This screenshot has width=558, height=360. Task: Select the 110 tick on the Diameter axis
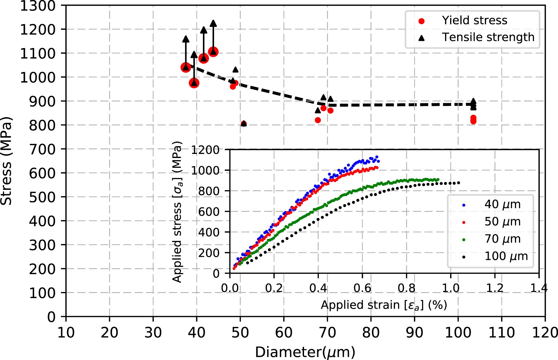coord(501,333)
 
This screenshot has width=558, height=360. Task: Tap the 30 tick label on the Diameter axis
coord(153,333)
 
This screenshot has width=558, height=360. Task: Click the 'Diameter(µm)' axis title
coord(305,352)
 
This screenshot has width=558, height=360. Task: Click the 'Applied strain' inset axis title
coord(384,305)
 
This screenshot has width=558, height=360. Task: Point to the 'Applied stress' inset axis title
coord(177,212)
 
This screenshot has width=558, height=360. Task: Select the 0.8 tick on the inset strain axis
coord(406,288)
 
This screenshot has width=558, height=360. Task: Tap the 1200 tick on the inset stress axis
coord(205,150)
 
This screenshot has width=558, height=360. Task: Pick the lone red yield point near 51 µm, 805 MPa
coord(243,124)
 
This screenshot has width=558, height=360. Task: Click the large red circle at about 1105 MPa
coord(213,52)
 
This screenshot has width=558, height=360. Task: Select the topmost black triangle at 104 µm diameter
coord(473,101)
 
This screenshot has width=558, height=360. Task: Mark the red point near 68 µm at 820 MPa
coord(318,120)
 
